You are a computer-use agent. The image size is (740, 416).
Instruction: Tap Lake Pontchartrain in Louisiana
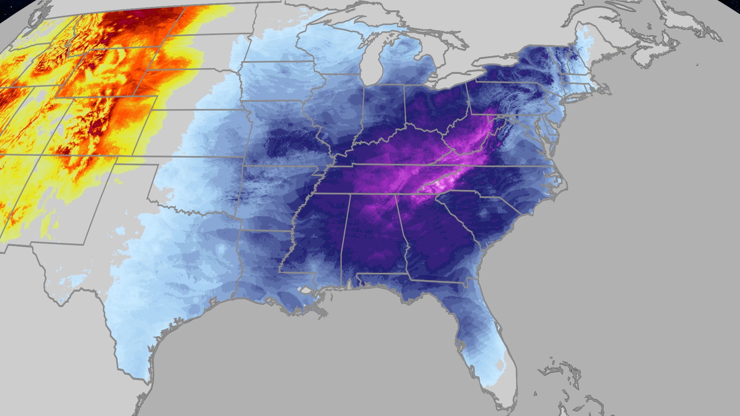(x=306, y=290)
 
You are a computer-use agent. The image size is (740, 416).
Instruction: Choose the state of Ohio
(x=436, y=104)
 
